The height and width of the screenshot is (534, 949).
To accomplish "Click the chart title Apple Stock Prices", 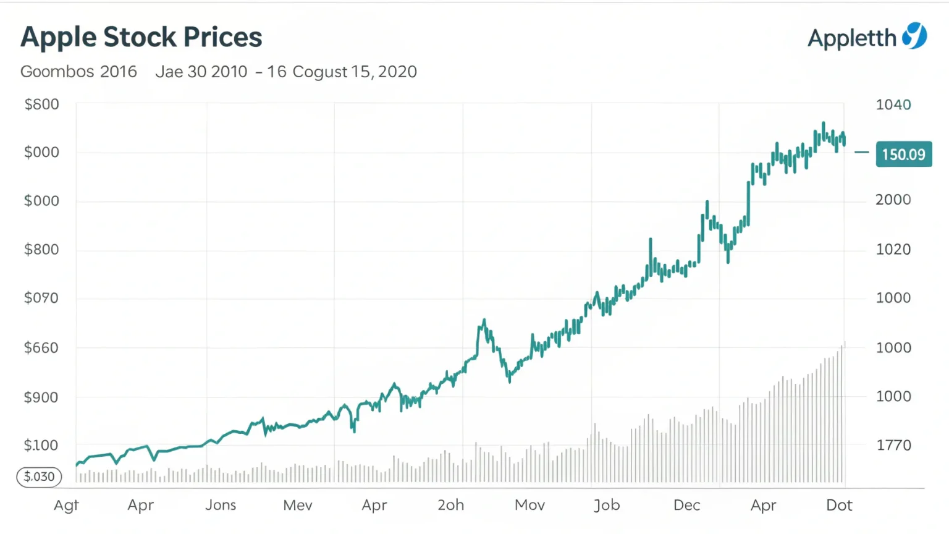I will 141,37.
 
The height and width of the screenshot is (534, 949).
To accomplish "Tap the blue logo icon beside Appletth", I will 914,36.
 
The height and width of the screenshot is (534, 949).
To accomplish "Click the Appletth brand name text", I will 852,38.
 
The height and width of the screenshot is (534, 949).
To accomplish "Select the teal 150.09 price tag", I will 903,155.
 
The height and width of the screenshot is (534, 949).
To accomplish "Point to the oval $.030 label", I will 39,477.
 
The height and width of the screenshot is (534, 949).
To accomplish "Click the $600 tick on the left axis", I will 41,104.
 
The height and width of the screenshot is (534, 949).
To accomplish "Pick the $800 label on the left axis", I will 41,250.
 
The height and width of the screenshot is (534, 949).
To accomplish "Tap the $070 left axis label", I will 41,298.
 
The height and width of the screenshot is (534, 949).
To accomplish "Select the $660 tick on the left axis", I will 41,348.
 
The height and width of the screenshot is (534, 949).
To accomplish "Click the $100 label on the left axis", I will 41,445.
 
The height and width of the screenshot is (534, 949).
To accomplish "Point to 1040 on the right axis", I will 893,104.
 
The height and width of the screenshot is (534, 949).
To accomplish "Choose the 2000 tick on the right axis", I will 893,200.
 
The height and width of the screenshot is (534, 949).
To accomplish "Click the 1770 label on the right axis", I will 893,445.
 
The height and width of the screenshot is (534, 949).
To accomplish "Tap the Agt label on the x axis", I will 66,506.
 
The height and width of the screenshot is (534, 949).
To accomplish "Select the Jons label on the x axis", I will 221,505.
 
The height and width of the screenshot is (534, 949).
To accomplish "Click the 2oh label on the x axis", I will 451,505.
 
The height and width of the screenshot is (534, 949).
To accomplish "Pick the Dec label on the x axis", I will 686,505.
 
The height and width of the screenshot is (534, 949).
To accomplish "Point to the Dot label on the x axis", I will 839,505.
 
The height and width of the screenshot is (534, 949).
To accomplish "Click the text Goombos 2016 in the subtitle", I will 78,72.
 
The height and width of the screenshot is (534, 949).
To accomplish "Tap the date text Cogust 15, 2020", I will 355,72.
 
